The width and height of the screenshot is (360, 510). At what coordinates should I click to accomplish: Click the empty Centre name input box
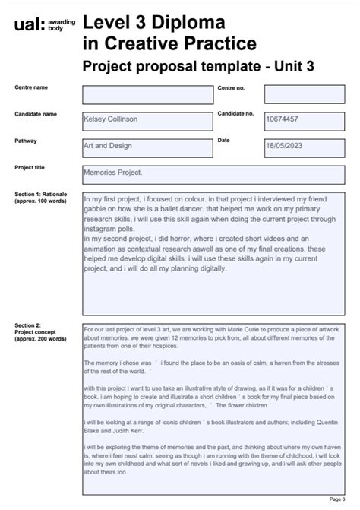[147, 95]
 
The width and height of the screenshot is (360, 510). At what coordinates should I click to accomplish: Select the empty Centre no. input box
[306, 95]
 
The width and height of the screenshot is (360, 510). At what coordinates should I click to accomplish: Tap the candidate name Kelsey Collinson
[115, 119]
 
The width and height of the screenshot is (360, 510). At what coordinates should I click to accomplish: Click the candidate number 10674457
[282, 119]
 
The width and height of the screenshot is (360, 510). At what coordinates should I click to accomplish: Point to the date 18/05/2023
[285, 146]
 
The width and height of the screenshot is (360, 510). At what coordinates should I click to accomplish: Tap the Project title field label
[30, 167]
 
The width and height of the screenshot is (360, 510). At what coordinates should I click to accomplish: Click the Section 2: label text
[28, 325]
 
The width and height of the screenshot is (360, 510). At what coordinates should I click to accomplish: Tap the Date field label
[223, 141]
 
